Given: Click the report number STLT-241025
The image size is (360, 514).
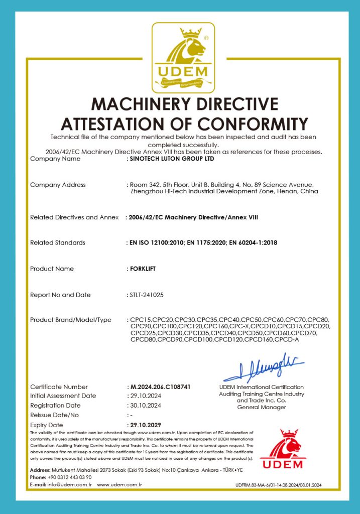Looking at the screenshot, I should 150,295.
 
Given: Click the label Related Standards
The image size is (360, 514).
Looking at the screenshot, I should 57,242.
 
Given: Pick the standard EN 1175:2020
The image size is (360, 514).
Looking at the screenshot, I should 214,242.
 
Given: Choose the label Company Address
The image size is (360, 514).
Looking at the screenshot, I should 58,185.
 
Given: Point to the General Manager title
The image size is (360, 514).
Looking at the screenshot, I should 261,407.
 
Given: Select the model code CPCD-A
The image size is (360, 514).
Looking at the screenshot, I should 292,340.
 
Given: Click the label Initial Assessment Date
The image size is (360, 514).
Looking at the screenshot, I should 63,396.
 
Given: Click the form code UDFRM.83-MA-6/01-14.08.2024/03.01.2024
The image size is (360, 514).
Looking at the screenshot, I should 278,485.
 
